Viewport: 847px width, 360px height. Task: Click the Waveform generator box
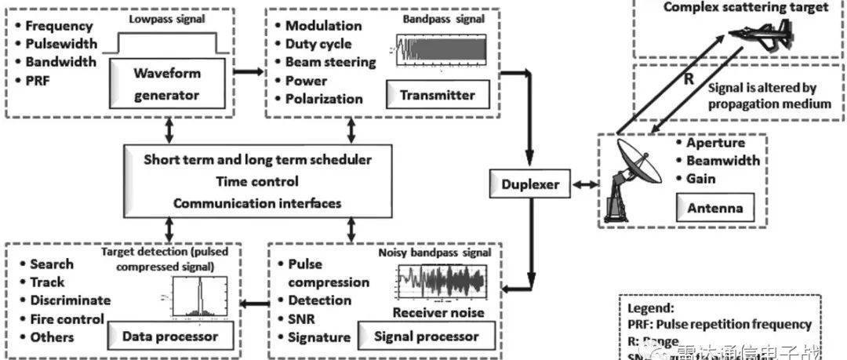pos(166,84)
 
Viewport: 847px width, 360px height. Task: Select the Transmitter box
pos(438,95)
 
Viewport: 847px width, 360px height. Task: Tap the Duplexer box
pos(531,185)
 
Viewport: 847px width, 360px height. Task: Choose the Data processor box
pos(169,336)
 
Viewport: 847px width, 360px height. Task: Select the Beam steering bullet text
pos(330,62)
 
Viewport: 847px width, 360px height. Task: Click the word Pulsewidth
pos(61,44)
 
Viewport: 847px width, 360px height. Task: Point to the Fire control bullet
pos(67,319)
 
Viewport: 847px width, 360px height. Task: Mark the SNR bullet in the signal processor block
pos(302,319)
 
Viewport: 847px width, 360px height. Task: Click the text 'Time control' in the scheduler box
pos(258,181)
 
